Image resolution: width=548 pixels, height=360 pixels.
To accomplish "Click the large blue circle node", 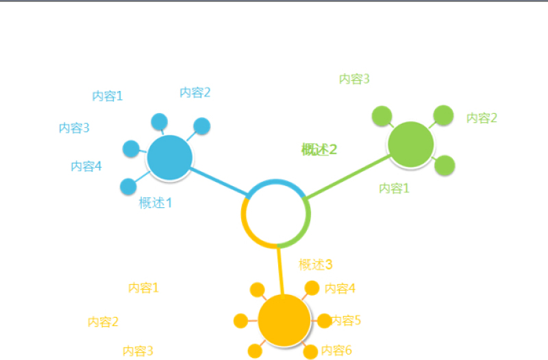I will tap(169, 158).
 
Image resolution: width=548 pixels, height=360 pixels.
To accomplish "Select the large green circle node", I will tap(410, 144).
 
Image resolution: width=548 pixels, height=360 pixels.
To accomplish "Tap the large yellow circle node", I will tap(284, 320).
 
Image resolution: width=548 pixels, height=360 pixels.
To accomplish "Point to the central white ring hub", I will tap(276, 213).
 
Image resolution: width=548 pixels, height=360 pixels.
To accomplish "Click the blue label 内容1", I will tap(108, 97).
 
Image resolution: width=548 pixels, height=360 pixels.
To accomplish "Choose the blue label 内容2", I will tap(195, 92).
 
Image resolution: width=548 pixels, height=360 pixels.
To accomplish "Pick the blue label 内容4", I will tap(86, 166).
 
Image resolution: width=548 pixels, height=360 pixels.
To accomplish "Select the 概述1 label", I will tap(155, 203).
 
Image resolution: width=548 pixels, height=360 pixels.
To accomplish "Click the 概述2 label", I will tap(319, 150).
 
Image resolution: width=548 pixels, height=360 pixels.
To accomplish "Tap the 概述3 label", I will tap(316, 265).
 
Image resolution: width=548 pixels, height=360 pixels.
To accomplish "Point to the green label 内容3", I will tap(354, 79).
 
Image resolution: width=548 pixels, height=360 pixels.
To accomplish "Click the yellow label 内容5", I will tap(346, 320).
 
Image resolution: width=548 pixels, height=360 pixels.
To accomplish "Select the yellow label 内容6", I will tap(337, 350).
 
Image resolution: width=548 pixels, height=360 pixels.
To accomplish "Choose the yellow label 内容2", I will tap(103, 322).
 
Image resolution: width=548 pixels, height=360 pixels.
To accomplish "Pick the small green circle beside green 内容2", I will tap(443, 116).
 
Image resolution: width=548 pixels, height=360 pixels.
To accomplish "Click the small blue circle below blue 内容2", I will tap(201, 126).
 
